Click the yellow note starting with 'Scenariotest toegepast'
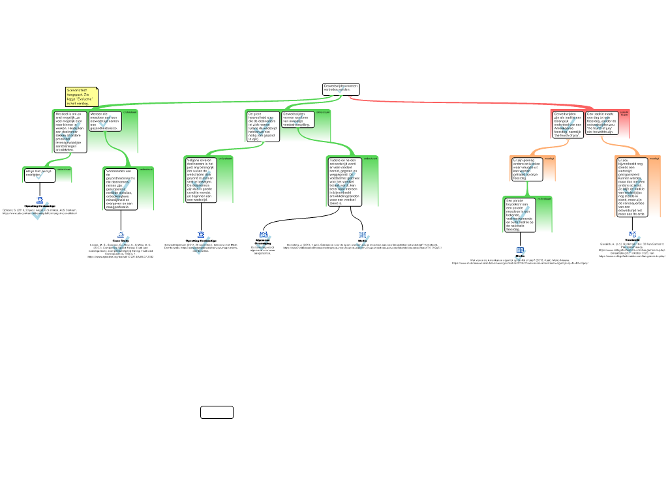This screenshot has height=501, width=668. click(x=82, y=97)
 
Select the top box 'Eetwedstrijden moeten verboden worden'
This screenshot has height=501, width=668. click(x=341, y=89)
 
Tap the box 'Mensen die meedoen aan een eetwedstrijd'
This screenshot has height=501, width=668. click(x=104, y=121)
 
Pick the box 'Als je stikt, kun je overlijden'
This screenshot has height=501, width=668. click(x=38, y=174)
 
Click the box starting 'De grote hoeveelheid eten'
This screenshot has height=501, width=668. click(x=262, y=127)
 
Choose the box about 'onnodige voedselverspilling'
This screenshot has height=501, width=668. click(x=297, y=119)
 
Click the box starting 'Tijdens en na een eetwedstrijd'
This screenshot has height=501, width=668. click(x=343, y=181)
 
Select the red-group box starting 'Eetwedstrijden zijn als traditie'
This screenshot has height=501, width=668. click(x=567, y=124)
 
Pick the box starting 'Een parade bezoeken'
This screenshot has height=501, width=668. click(x=520, y=215)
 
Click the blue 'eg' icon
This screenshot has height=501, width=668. click(x=632, y=234)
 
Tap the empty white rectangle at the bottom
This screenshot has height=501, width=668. click(x=217, y=412)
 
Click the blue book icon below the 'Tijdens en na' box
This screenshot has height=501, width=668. click(x=363, y=235)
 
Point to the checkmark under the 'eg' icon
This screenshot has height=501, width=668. click(x=632, y=245)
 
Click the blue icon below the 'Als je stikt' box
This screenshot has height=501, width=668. click(x=40, y=200)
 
